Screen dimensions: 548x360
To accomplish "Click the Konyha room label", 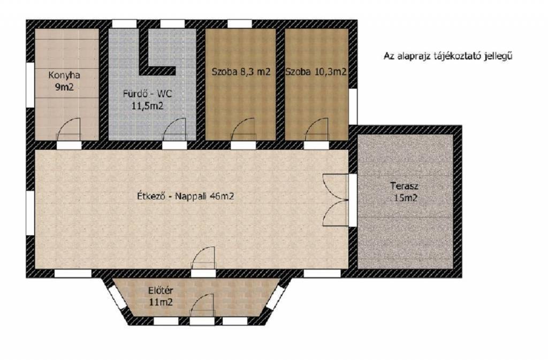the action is click(64, 75).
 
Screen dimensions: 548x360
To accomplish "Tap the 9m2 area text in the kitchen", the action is click(64, 87).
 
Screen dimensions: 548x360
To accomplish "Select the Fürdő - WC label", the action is click(147, 94).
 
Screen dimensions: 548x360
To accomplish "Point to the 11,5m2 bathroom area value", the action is click(147, 106).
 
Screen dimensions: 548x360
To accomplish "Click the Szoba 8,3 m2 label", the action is click(241, 72).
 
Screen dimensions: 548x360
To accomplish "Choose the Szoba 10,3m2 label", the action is click(316, 72).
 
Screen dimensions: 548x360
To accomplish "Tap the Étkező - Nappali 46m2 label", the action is click(186, 196).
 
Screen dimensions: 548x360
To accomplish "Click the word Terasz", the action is click(405, 186).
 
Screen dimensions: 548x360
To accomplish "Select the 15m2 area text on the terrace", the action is click(406, 198).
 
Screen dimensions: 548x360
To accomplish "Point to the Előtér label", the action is click(161, 290).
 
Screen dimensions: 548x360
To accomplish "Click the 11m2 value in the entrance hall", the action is click(161, 302).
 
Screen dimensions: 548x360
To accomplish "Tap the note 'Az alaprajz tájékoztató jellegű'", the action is click(448, 56).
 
